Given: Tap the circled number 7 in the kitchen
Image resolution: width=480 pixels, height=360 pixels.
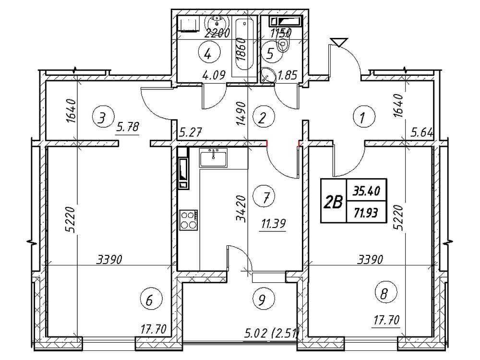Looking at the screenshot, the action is pos(264,197).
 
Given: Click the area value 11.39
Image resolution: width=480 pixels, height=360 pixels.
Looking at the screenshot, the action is pos(273,224).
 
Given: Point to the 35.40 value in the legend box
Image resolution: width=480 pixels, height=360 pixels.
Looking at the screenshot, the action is pos(366,192).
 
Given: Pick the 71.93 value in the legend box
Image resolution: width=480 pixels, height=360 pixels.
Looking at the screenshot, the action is pos(366,212).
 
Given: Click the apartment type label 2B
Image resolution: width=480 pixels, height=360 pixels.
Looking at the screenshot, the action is pos(334,202).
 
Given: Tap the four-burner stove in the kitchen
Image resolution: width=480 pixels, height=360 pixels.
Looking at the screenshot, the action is pos(189,220).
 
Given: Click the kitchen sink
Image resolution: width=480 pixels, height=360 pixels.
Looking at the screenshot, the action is pos(214,157).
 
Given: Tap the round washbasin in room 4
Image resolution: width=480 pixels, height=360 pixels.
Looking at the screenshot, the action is pos(218,23).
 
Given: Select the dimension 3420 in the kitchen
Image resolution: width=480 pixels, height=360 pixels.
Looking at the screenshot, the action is pos(241,208).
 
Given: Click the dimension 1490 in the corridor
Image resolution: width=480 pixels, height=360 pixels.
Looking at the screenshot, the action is pos(241,114).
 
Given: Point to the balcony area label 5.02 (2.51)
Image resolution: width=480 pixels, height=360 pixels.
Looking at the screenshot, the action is pos(271,332).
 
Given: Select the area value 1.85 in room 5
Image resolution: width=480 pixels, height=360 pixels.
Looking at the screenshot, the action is pos(287,75).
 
